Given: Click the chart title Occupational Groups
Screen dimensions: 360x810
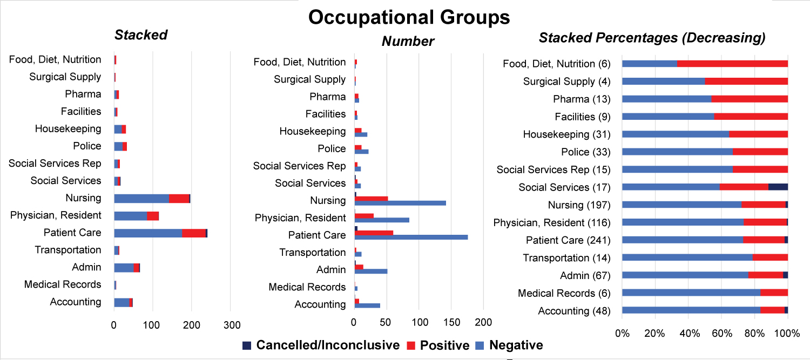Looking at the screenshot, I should pos(409,17).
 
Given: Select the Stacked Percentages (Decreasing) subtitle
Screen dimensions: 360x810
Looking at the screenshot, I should pos(652,38).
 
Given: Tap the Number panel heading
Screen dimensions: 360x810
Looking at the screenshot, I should pos(408,41).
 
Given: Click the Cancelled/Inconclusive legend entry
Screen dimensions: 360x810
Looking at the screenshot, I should pos(322,345).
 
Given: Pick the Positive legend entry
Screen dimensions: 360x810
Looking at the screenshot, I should pos(438,345).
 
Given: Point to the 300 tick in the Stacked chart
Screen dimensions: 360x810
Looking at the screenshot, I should pos(231,325).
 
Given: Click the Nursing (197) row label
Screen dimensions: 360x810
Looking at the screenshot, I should pos(579,205).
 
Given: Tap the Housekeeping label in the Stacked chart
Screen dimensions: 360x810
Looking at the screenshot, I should pos(67,129).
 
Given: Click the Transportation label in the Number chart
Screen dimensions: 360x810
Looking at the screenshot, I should pos(312,253).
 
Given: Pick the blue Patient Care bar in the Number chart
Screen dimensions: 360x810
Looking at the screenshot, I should pos(411,237).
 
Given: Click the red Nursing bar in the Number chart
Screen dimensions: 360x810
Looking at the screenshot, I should pos(371,198).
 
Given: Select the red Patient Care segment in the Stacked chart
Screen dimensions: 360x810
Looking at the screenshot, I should pos(194,233).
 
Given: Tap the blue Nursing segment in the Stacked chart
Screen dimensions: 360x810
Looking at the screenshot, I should pos(141,199).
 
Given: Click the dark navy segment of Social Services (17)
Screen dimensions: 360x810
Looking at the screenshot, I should pos(778,187).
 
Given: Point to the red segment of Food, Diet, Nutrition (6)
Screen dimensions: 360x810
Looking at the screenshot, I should pos(732,64).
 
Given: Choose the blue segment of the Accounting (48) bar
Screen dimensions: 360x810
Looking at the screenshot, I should pos(691,310).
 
